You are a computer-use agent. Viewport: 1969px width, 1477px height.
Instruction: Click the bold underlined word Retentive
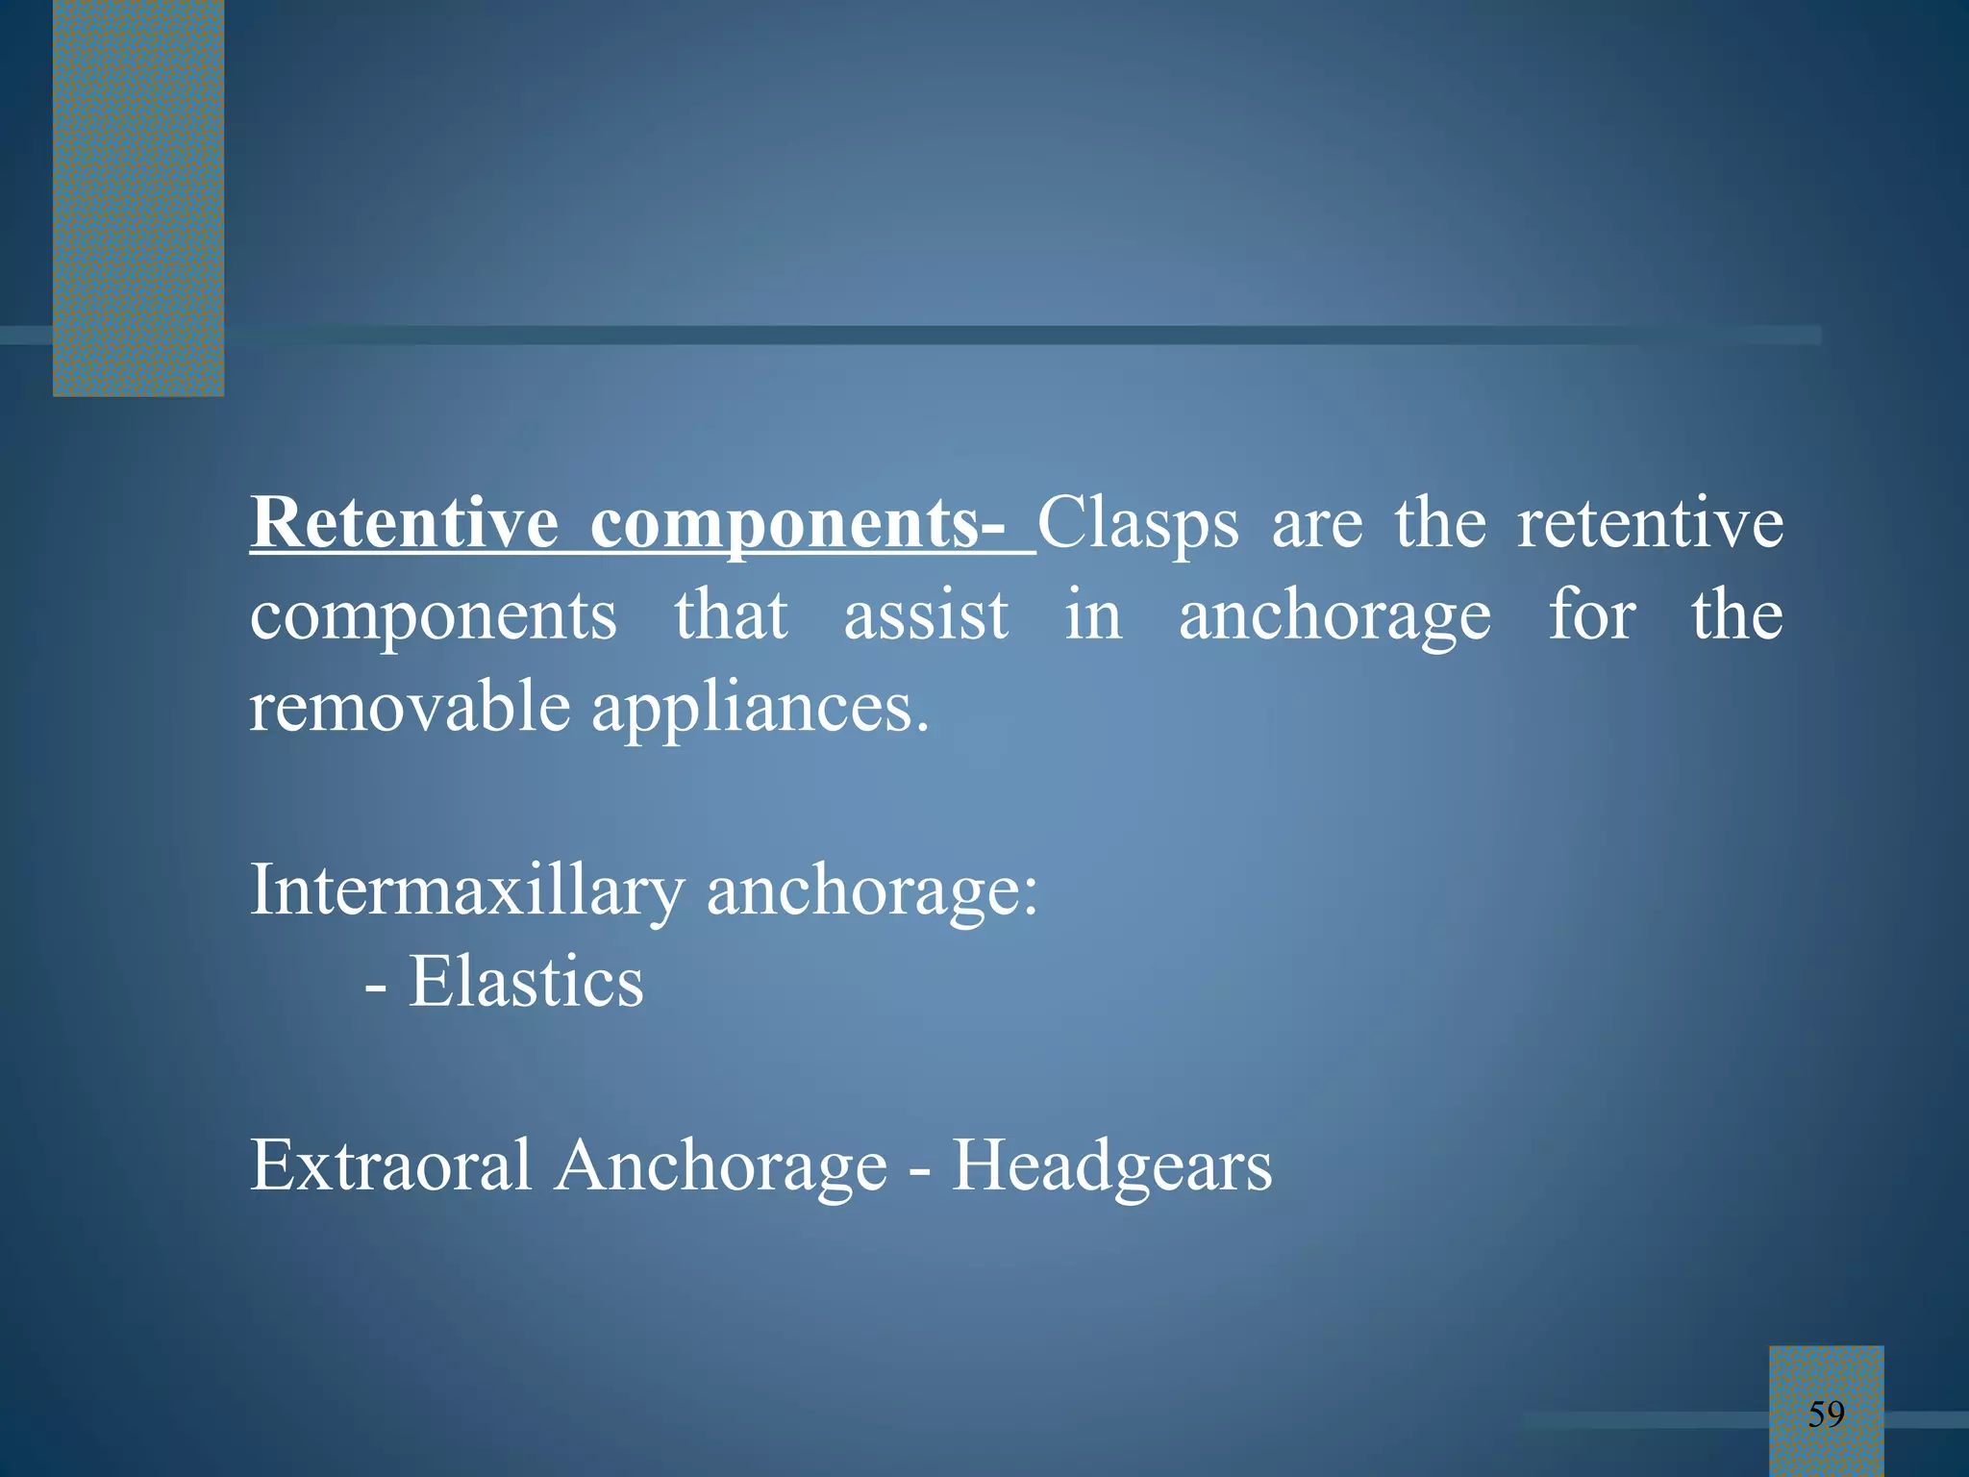404,523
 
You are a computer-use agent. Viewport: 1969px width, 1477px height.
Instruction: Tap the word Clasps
1138,525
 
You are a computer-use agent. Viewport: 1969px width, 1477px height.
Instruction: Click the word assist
926,615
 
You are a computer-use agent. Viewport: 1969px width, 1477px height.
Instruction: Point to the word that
731,615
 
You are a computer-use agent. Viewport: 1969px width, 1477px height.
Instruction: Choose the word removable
411,707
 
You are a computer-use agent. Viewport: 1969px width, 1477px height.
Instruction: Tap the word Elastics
526,982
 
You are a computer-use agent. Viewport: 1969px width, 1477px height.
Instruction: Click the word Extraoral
390,1165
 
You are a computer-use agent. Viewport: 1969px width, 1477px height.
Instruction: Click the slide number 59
1826,1414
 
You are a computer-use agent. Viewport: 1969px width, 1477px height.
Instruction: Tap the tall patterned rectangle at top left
138,197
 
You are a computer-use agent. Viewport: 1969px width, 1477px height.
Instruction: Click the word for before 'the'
1591,615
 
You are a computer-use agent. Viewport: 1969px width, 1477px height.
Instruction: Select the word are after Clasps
1317,525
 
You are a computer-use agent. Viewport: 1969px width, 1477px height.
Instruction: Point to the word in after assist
1093,615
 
